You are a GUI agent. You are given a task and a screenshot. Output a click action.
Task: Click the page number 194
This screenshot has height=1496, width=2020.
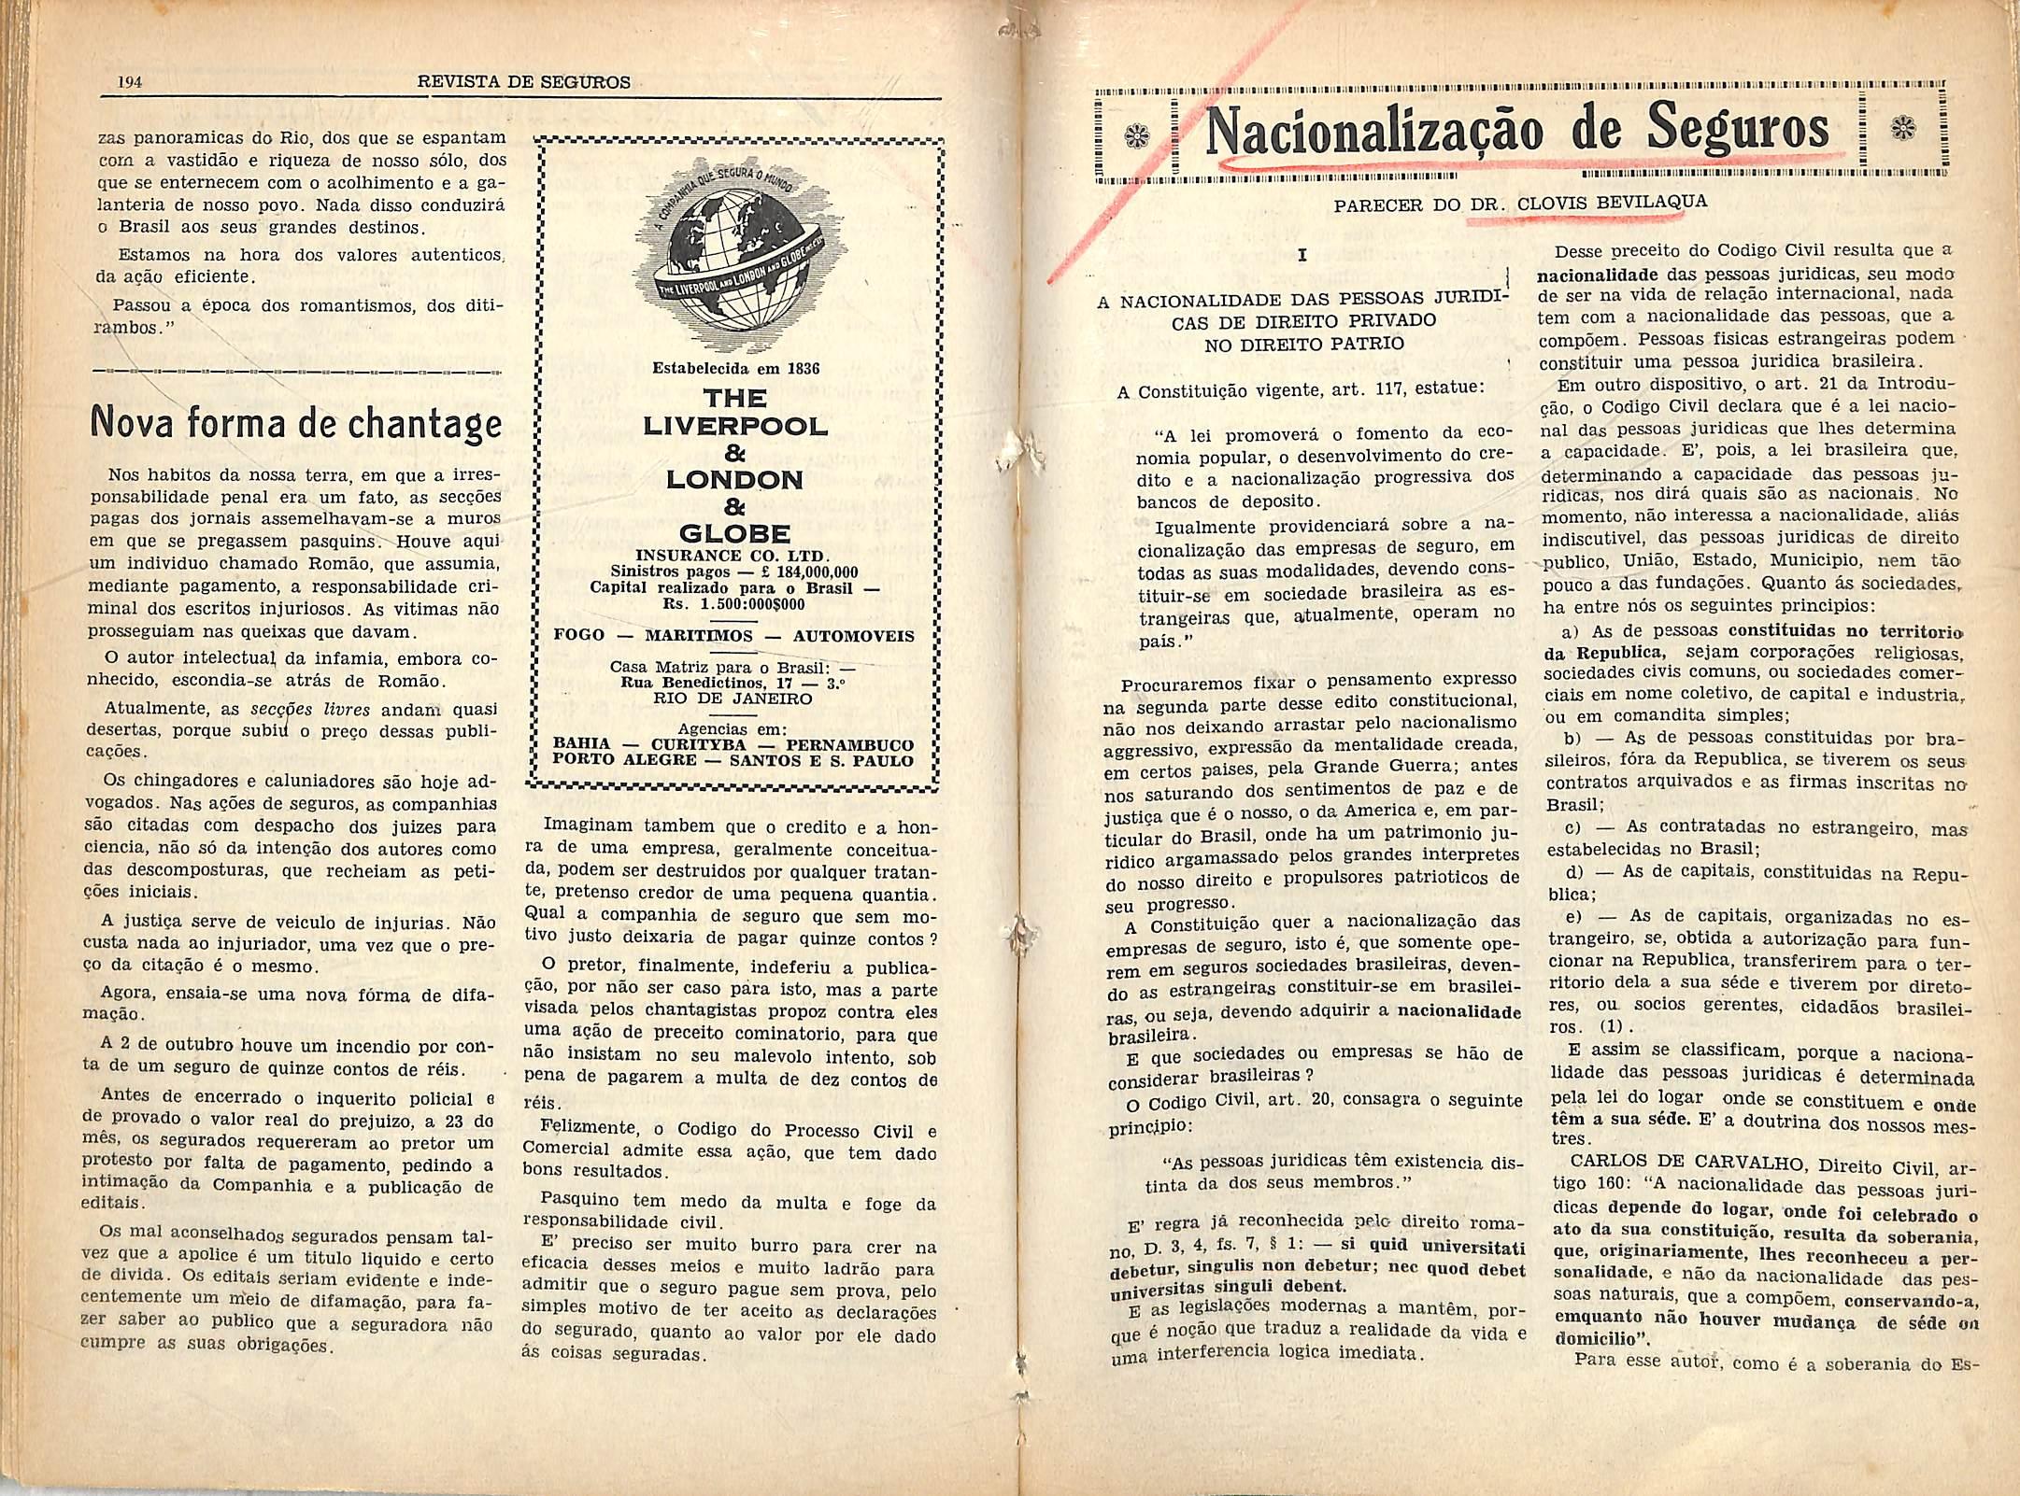(x=129, y=82)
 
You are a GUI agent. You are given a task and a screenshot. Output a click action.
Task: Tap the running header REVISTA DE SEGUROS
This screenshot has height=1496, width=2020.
(x=523, y=82)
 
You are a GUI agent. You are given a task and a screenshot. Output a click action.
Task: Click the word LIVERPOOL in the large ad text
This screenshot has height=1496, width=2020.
(x=735, y=427)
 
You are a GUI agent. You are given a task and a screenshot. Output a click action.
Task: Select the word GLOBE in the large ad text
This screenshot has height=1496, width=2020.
(x=734, y=534)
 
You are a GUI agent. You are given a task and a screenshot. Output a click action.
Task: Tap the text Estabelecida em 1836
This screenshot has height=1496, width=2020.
(x=735, y=368)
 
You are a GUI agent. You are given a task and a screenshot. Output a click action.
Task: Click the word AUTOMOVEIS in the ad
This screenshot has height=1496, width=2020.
(x=853, y=636)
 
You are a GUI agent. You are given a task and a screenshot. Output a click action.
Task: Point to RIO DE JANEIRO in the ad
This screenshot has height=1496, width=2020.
(x=733, y=699)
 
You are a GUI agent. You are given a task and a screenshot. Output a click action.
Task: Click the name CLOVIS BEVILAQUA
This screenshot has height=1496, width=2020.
(x=1613, y=203)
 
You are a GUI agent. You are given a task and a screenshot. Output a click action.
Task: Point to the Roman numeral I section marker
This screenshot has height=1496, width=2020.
(x=1302, y=255)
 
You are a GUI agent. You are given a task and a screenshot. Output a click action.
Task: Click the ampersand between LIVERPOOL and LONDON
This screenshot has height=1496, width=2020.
(x=734, y=453)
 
